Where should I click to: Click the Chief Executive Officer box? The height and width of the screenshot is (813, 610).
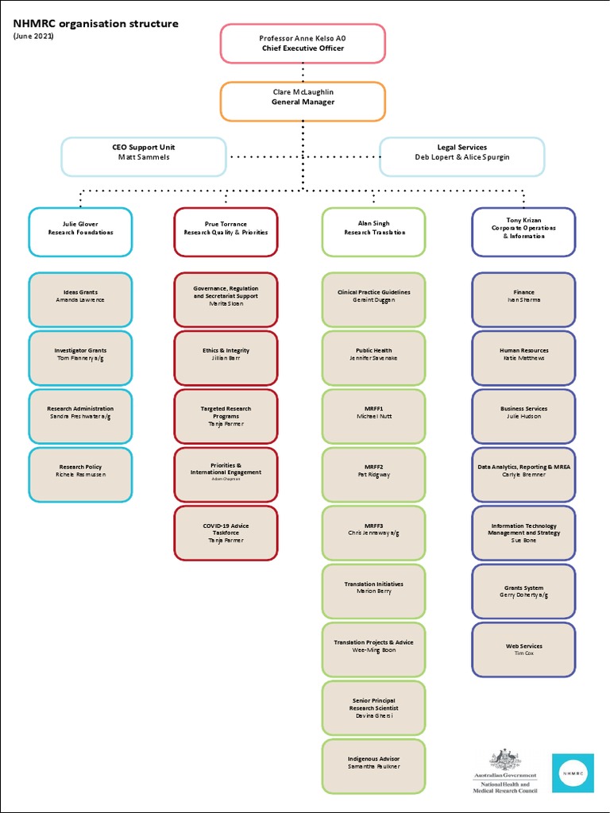pyautogui.click(x=303, y=43)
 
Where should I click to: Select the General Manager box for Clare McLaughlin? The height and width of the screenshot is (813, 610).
pyautogui.click(x=303, y=102)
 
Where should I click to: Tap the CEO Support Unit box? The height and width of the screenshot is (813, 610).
pyautogui.click(x=144, y=156)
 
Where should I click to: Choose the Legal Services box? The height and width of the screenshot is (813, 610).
pyautogui.click(x=461, y=156)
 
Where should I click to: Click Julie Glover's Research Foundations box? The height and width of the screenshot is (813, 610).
pyautogui.click(x=80, y=232)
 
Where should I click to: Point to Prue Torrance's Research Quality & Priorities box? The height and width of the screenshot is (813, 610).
pyautogui.click(x=226, y=232)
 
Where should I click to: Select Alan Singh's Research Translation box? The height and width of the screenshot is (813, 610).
pyautogui.click(x=373, y=232)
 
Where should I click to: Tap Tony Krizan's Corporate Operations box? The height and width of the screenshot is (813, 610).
pyautogui.click(x=523, y=232)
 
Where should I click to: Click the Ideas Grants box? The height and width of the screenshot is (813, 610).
pyautogui.click(x=80, y=299)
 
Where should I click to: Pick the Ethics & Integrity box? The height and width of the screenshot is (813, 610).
pyautogui.click(x=226, y=358)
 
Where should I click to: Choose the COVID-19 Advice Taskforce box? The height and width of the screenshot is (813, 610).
pyautogui.click(x=226, y=533)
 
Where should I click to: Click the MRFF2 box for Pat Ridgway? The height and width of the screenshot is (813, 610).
pyautogui.click(x=373, y=475)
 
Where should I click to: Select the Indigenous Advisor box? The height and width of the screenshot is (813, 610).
pyautogui.click(x=373, y=766)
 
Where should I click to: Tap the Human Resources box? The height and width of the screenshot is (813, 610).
pyautogui.click(x=523, y=358)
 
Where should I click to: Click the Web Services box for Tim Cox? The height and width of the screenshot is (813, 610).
pyautogui.click(x=523, y=649)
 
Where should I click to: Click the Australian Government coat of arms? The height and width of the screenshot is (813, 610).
pyautogui.click(x=504, y=759)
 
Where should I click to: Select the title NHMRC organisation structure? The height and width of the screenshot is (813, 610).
pyautogui.click(x=95, y=24)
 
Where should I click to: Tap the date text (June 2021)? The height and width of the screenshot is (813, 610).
pyautogui.click(x=33, y=37)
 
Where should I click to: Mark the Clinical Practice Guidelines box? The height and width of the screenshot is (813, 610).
pyautogui.click(x=373, y=299)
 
